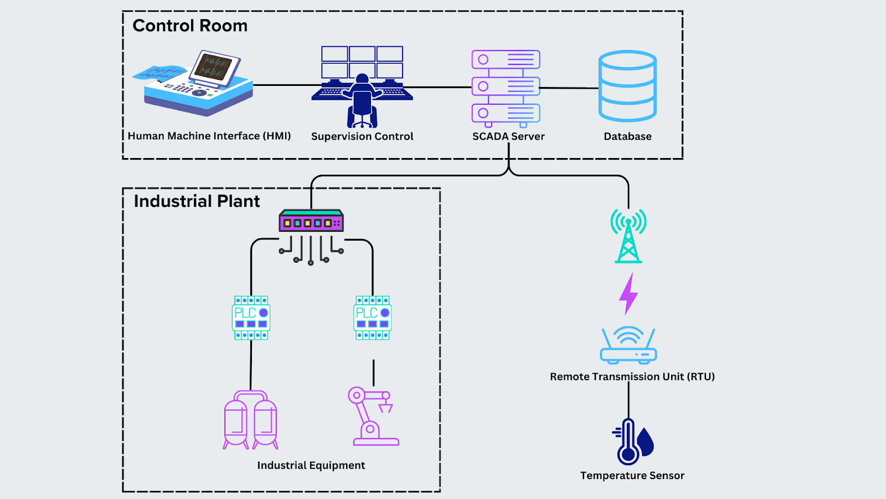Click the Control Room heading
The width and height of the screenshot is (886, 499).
190,26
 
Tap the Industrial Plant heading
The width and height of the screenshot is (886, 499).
197,201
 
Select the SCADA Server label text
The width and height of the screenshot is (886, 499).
508,136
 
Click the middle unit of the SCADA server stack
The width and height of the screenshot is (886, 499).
506,86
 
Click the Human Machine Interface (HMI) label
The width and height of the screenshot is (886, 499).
209,136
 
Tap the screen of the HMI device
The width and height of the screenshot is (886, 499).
213,67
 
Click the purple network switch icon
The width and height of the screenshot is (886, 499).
311,221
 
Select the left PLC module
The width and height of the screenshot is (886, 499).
251,318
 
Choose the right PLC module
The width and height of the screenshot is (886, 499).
373,318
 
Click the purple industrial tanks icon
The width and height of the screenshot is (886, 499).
250,420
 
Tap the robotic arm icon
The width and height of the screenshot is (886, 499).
372,417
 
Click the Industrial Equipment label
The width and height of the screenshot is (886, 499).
311,466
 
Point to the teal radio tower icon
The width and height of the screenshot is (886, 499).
629,236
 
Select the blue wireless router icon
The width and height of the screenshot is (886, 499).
629,346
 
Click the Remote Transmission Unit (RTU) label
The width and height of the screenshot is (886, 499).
632,377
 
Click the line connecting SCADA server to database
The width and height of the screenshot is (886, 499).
569,88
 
